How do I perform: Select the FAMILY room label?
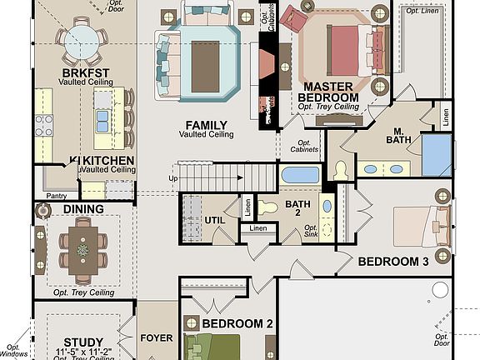pos(205,125)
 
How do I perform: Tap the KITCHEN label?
pos(107,159)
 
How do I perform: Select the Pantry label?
pos(57,196)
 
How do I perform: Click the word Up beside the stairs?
pos(173,178)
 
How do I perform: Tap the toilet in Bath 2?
pos(268,207)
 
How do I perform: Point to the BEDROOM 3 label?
pos(392,262)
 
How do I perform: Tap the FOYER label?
pos(157,338)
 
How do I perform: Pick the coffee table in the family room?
pos(205,56)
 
